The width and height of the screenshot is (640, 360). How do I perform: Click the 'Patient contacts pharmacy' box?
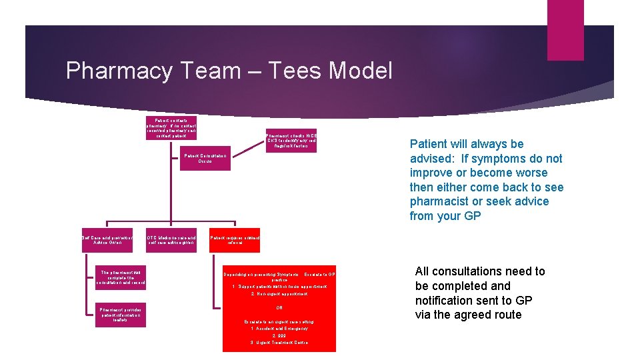(x=171, y=128)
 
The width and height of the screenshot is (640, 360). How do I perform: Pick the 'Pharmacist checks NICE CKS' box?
(x=291, y=141)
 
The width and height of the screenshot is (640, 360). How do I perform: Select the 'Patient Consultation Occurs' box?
(x=205, y=159)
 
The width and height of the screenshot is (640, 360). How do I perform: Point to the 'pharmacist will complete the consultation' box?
(x=121, y=277)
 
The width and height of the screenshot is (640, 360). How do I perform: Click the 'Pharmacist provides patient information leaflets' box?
(x=121, y=315)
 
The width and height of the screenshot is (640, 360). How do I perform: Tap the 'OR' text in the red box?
(x=279, y=308)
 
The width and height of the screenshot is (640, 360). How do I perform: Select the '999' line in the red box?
(x=279, y=335)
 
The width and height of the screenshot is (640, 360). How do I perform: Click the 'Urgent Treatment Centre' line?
(x=279, y=343)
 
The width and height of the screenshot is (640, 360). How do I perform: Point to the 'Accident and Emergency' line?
(x=279, y=329)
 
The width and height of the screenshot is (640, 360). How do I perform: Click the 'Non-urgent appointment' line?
(x=279, y=294)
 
